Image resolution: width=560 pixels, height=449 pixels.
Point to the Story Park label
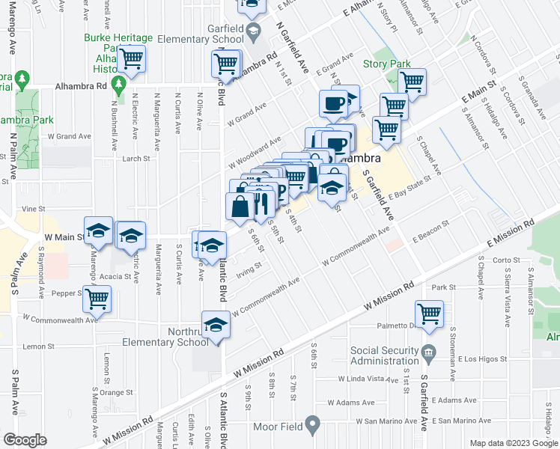tap(386, 64)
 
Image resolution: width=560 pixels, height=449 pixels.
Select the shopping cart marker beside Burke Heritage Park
tap(132, 58)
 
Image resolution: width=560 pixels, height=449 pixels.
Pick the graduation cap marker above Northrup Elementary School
tap(215, 325)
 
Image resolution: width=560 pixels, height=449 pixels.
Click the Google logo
tap(24, 440)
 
